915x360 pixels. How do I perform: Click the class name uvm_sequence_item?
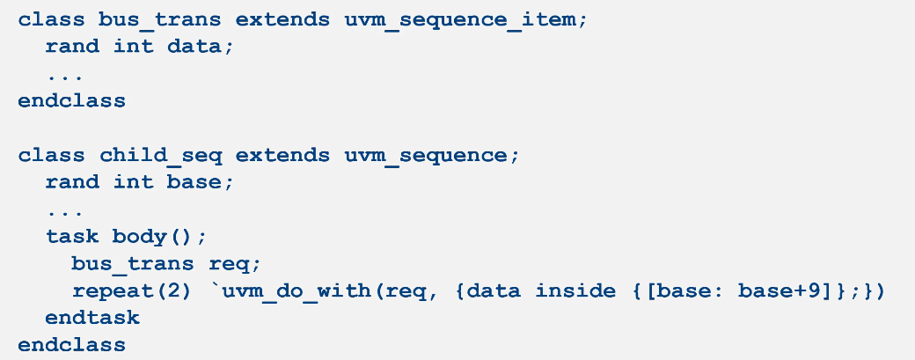465,18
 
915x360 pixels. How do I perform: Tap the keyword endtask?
92,317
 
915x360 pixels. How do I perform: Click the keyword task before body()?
72,236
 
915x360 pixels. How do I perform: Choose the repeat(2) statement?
132,290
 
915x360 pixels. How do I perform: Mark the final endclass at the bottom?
71,344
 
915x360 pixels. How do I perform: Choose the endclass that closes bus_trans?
71,100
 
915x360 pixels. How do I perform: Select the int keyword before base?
133,182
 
